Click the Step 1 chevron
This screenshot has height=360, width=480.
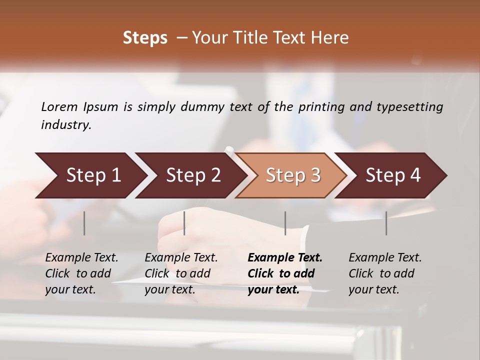(90, 175)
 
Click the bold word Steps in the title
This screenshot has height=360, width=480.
(145, 38)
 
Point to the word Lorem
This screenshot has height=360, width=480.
(59, 106)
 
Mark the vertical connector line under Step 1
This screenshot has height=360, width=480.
(84, 223)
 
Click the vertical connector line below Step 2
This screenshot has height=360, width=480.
(184, 223)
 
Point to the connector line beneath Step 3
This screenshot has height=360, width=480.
(285, 223)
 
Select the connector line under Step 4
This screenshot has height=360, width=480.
(386, 223)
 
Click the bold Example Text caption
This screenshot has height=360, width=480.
(285, 273)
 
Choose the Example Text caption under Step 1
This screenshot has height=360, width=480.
(81, 273)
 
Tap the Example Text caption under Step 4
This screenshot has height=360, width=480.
(385, 273)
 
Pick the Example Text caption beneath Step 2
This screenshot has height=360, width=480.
(181, 273)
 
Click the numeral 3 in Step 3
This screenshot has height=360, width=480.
(315, 175)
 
